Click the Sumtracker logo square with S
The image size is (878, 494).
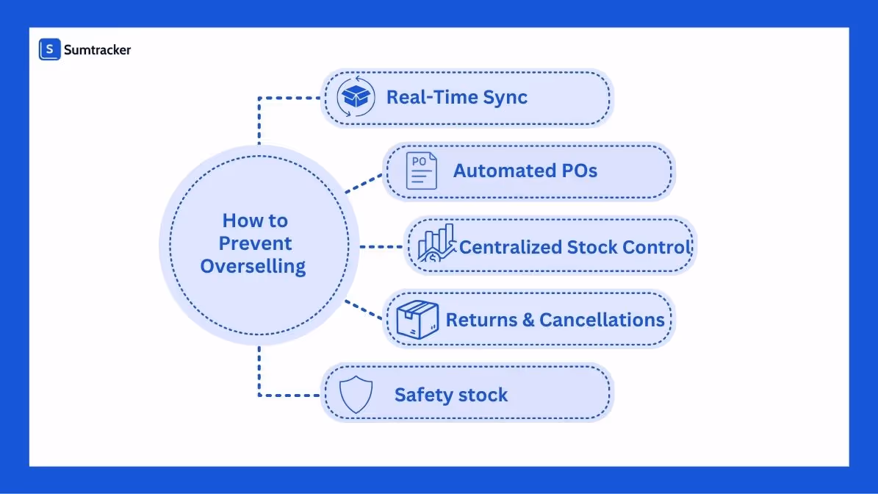(49, 49)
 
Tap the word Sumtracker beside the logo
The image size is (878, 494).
(97, 50)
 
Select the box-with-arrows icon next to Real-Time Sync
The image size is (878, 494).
(356, 98)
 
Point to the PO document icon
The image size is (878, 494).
(421, 171)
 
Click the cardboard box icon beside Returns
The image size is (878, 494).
(417, 321)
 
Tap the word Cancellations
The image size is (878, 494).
(602, 321)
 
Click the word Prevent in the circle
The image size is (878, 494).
(255, 243)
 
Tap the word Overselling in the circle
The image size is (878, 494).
(253, 266)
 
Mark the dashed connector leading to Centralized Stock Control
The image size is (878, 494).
(380, 246)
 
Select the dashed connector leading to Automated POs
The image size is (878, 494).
(364, 183)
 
